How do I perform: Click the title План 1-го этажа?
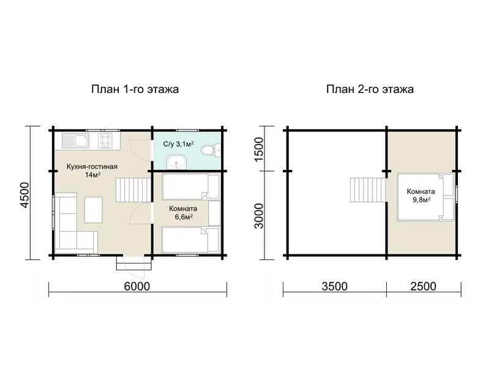135,89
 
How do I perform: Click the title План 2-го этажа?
370,89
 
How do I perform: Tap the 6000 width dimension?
137,287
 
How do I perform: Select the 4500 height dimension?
24,195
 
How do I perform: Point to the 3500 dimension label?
334,287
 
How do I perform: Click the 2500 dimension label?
423,287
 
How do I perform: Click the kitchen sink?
75,141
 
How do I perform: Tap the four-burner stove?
105,141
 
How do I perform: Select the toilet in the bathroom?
211,150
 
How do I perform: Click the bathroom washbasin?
176,162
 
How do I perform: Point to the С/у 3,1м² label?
178,144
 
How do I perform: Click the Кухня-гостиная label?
92,166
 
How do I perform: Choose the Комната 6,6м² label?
183,213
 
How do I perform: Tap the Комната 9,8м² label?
421,196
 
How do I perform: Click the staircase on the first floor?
133,190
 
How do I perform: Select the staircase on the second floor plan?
368,190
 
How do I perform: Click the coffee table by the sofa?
94,210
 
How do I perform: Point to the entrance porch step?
134,264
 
